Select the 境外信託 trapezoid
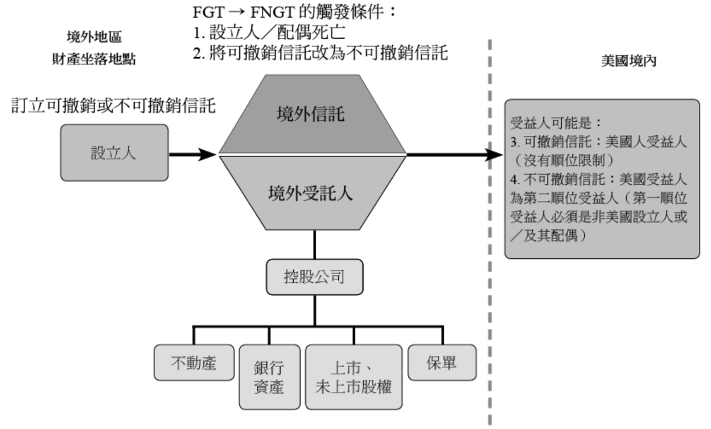pos(312,114)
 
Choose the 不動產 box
pos(194,362)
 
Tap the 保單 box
pos(441,362)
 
